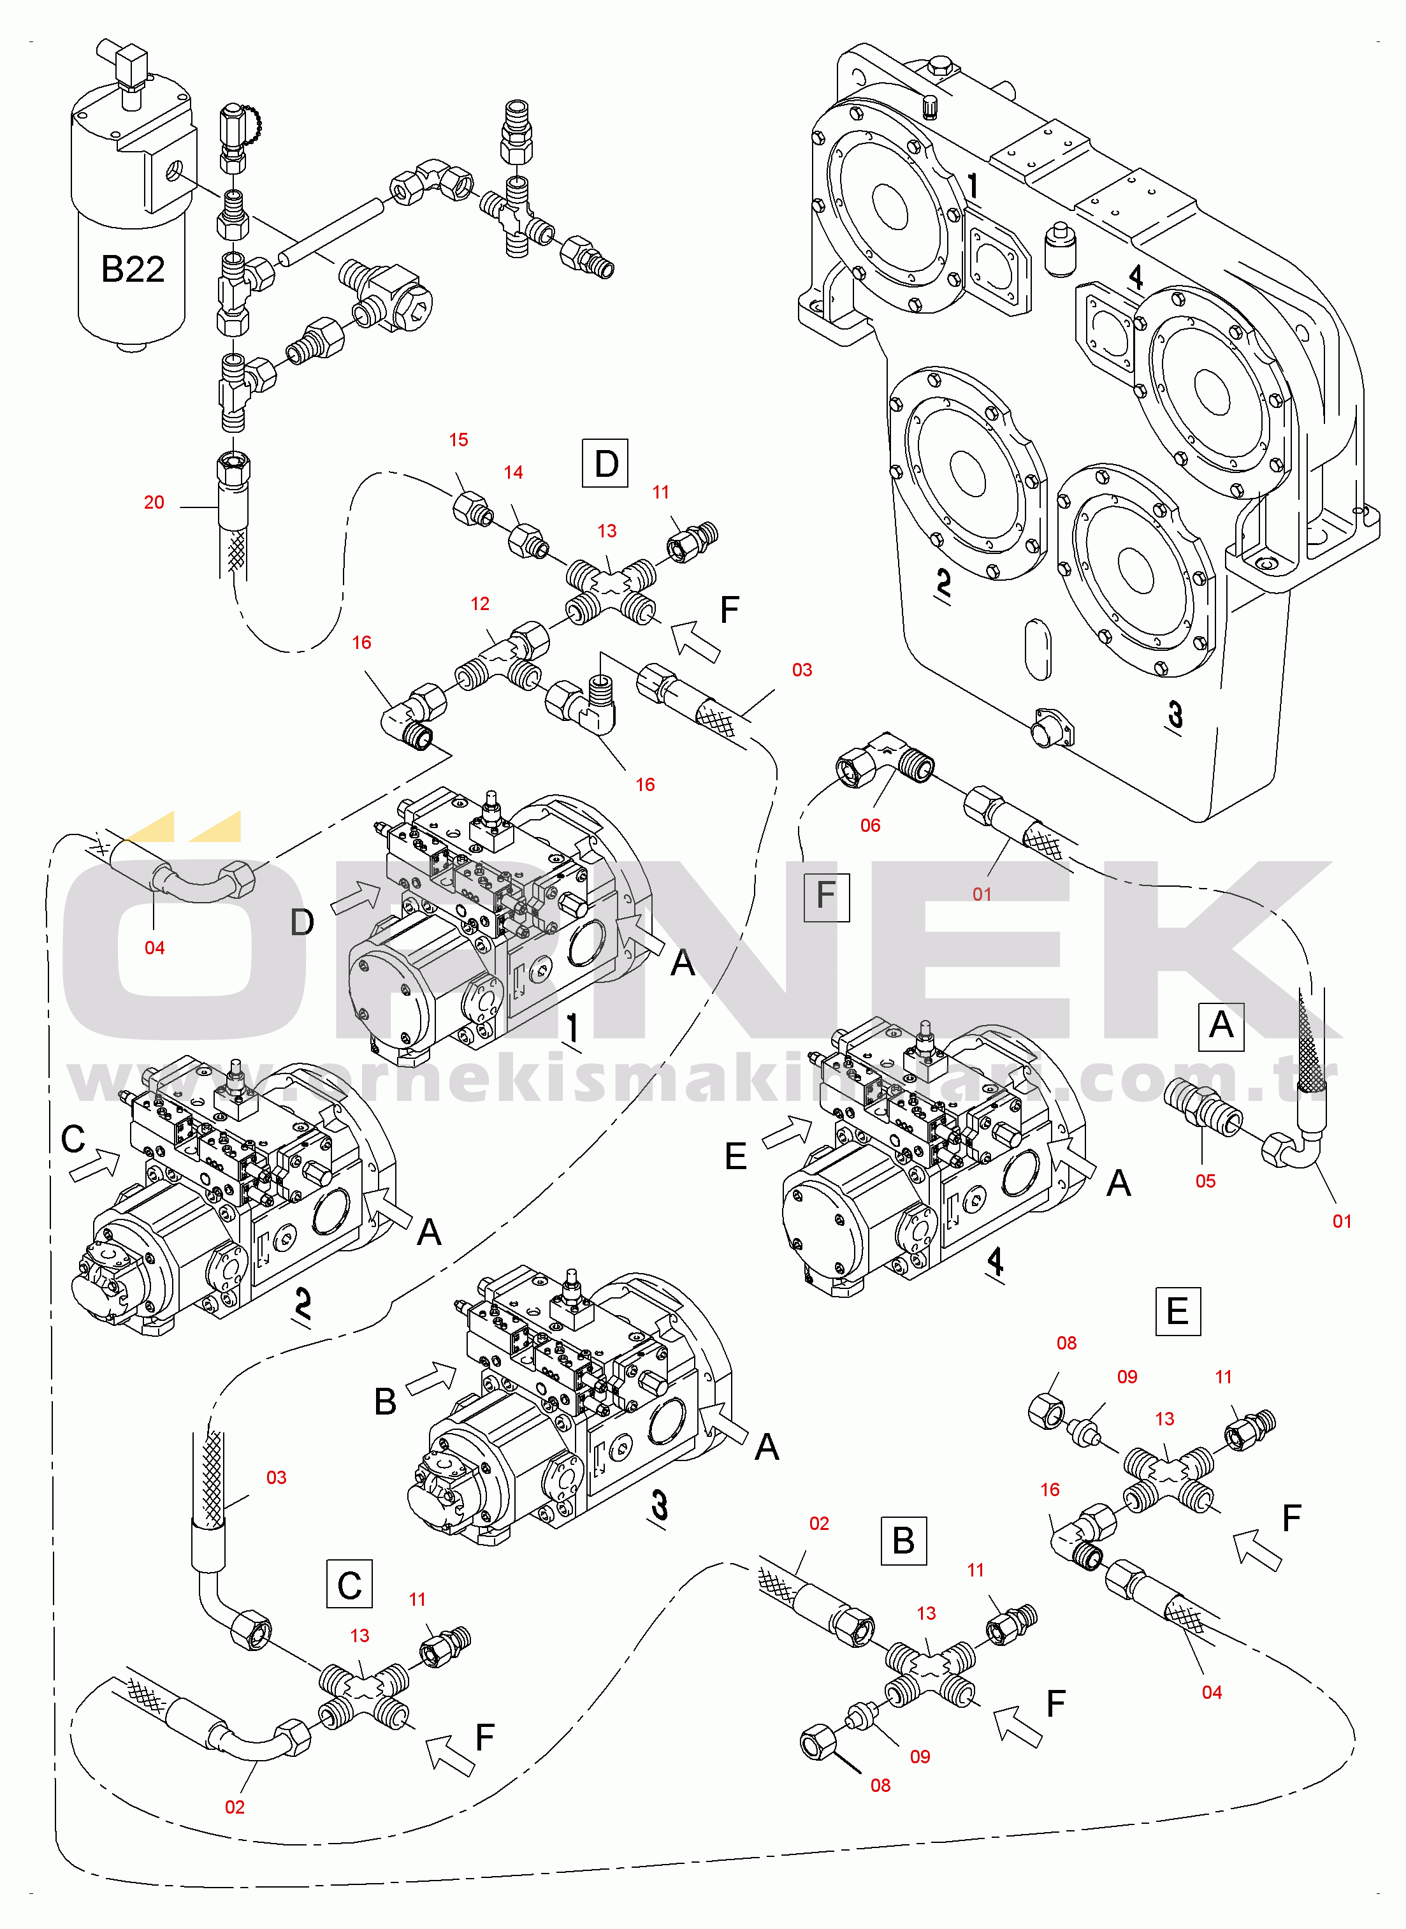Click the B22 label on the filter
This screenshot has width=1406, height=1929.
pyautogui.click(x=132, y=269)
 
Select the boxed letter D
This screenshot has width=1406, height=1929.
pyautogui.click(x=605, y=464)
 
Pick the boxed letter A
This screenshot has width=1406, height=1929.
pyautogui.click(x=1221, y=1026)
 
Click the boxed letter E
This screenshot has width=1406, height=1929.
pyautogui.click(x=1177, y=1311)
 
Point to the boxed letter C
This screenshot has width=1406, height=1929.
pyautogui.click(x=349, y=1585)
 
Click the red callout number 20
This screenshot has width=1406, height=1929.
pyautogui.click(x=154, y=502)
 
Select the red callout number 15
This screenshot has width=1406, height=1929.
pyautogui.click(x=459, y=440)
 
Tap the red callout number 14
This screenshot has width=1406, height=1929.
pyautogui.click(x=513, y=472)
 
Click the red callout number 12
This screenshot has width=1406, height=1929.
pyautogui.click(x=480, y=604)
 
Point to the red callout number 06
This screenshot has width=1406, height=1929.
pyautogui.click(x=870, y=825)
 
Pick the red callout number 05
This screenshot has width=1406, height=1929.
pyautogui.click(x=1205, y=1181)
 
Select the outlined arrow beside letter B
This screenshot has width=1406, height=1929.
pyautogui.click(x=431, y=1378)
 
